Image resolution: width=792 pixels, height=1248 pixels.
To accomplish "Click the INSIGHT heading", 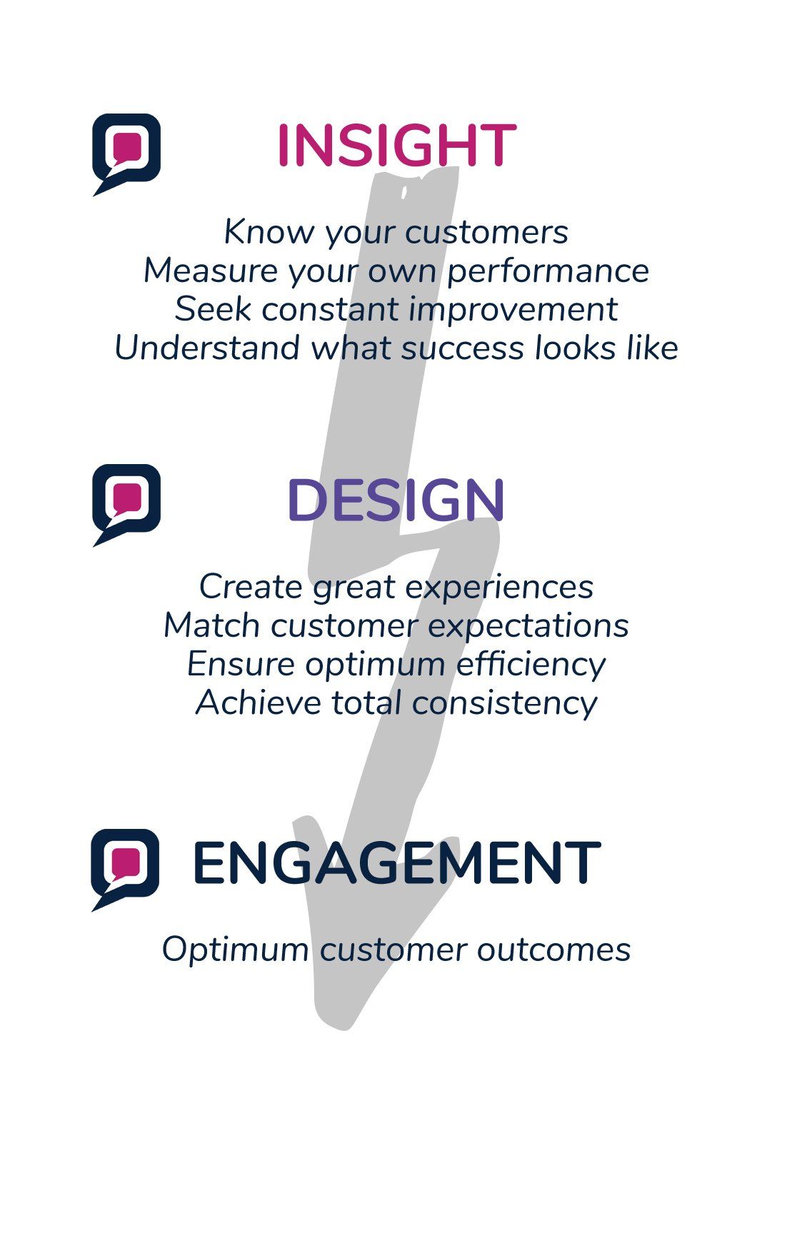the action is coord(396,146).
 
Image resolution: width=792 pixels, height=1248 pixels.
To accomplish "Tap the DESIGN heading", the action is coord(396,500).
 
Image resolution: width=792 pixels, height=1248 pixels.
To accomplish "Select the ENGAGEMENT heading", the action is coord(396,862).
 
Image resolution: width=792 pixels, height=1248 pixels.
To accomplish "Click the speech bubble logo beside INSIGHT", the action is coord(126,154).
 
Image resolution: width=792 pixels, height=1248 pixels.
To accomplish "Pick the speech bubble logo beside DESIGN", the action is coord(126,505).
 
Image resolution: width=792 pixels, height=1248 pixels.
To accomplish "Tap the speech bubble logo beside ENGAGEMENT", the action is coord(125,870).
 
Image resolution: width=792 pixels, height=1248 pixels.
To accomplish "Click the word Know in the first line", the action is coord(269,232).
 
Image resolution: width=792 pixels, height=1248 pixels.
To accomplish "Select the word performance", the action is coord(548,271).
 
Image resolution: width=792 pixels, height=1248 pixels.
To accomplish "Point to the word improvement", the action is coord(513,310).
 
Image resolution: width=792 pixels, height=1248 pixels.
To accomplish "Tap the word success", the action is coord(463,348).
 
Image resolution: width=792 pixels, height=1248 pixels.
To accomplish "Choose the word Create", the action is coord(250,587).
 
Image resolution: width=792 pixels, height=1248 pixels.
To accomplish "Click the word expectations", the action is coord(528,626).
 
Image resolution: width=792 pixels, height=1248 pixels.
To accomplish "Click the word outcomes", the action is coord(553,950).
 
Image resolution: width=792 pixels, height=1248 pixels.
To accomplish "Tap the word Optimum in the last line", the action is coord(235,950).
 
